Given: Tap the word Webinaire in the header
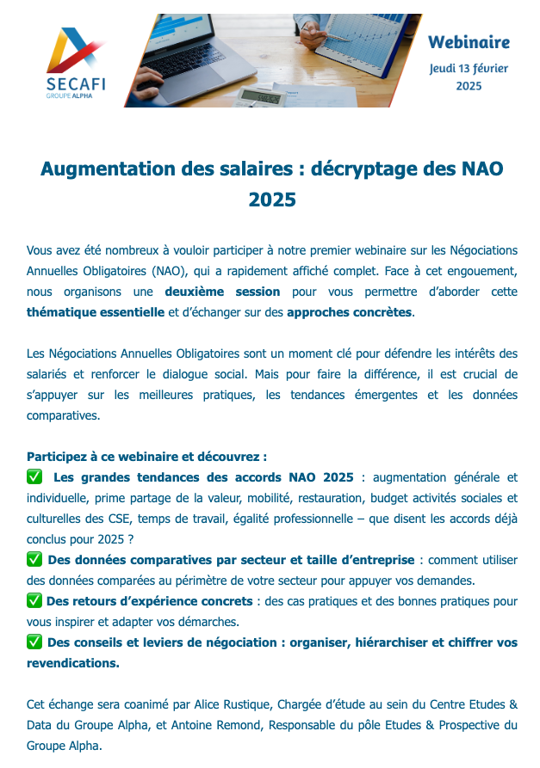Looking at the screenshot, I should click(x=469, y=42).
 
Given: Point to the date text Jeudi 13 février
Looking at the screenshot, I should click(x=469, y=69).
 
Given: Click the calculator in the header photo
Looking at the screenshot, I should click(x=260, y=96).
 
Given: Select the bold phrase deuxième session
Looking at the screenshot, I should click(x=222, y=292).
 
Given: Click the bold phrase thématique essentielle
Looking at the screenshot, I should click(x=96, y=312).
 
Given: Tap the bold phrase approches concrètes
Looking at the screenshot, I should click(x=349, y=312).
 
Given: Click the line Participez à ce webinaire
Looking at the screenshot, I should click(x=146, y=457).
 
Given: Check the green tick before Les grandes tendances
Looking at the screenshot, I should click(x=34, y=477).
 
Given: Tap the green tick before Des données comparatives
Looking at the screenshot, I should click(x=34, y=560).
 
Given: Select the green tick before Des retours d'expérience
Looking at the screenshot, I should click(x=34, y=601).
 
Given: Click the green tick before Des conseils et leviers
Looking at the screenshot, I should click(x=34, y=642).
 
